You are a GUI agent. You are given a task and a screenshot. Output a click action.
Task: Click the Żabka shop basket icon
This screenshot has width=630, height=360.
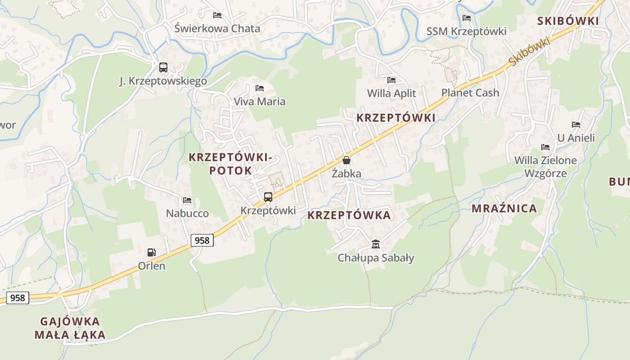coord(346,160)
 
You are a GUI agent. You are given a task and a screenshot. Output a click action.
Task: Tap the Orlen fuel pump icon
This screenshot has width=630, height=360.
coord(152,252)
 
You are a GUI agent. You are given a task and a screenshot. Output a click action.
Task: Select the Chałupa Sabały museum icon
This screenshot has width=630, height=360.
coord(376,244)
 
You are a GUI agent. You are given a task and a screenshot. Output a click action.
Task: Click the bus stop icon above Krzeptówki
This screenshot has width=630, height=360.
coord(268,197)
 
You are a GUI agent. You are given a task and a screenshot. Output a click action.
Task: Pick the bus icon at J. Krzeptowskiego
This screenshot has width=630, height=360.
coord(163,67)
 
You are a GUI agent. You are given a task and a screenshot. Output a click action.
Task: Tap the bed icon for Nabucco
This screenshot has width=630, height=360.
coord(187,200)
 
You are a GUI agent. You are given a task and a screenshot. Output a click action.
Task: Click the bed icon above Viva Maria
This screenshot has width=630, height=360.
coord(259,88)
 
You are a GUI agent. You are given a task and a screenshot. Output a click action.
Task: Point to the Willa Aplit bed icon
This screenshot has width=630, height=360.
coord(391,80)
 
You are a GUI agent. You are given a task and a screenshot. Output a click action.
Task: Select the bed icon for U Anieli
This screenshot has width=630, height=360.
coord(576,124)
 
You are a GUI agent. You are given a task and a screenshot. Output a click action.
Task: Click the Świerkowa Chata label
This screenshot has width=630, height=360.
coord(217,28)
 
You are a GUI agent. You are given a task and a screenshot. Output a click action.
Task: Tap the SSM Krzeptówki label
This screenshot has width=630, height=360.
coord(466,31)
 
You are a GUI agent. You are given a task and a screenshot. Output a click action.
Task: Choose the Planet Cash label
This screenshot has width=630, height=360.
coord(470,93)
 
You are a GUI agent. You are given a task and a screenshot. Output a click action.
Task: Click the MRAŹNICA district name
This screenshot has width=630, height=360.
coord(504,208)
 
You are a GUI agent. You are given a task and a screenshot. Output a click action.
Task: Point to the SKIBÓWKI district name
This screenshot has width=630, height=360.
coord(568,21)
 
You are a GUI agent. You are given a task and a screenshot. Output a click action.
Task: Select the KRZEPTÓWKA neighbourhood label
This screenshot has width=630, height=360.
coord(349,215)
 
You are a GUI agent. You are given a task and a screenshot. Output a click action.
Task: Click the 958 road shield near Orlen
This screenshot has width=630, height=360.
coord(202,240)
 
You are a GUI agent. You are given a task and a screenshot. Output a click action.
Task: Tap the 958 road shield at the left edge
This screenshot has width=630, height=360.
coord(18,297)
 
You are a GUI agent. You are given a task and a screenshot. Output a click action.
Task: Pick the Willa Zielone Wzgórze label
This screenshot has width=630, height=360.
coord(545,166)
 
